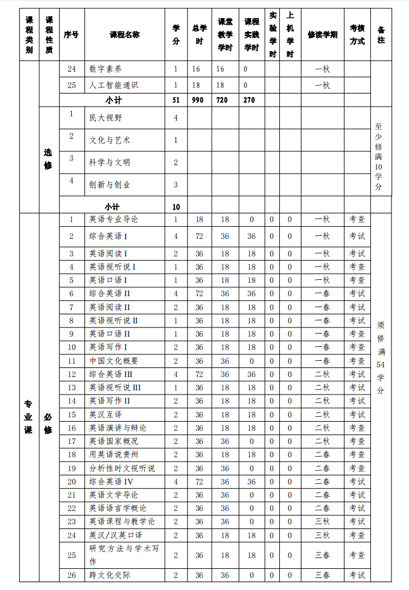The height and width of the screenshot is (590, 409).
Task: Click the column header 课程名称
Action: [x=124, y=34]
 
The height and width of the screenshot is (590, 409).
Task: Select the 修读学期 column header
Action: [x=322, y=34]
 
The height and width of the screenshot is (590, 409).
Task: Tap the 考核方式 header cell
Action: [x=357, y=35]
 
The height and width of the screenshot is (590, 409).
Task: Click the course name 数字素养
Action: [x=106, y=69]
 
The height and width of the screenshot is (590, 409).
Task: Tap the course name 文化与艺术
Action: [x=110, y=140]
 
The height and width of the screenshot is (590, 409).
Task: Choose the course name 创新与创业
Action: [x=110, y=185]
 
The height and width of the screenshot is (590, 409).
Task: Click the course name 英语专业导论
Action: [x=113, y=219]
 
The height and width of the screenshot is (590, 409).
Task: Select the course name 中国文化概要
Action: [x=113, y=361]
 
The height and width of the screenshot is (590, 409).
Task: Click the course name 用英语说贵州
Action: [x=113, y=454]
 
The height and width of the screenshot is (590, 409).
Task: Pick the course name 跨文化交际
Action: [x=110, y=575]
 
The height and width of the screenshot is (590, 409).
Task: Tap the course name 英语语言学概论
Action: [x=118, y=508]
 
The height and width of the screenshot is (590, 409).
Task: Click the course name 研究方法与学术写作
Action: [x=124, y=554]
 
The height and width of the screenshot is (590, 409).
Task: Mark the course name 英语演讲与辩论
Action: [x=118, y=428]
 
